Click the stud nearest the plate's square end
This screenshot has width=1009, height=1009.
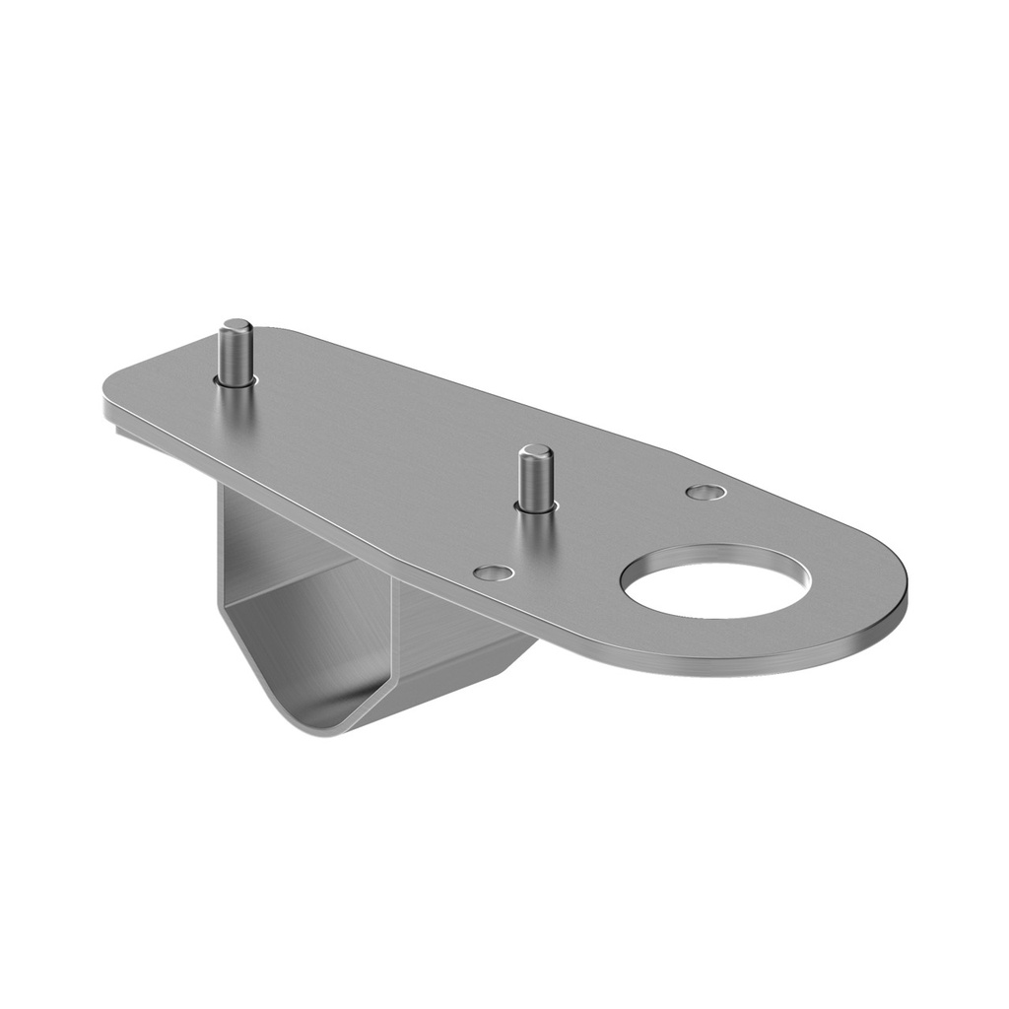point(235,355)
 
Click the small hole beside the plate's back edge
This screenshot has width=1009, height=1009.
point(706,491)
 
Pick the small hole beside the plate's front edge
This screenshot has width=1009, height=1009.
point(492,572)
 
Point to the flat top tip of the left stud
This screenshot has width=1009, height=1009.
point(235,325)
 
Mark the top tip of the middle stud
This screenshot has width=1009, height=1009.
point(535,451)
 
